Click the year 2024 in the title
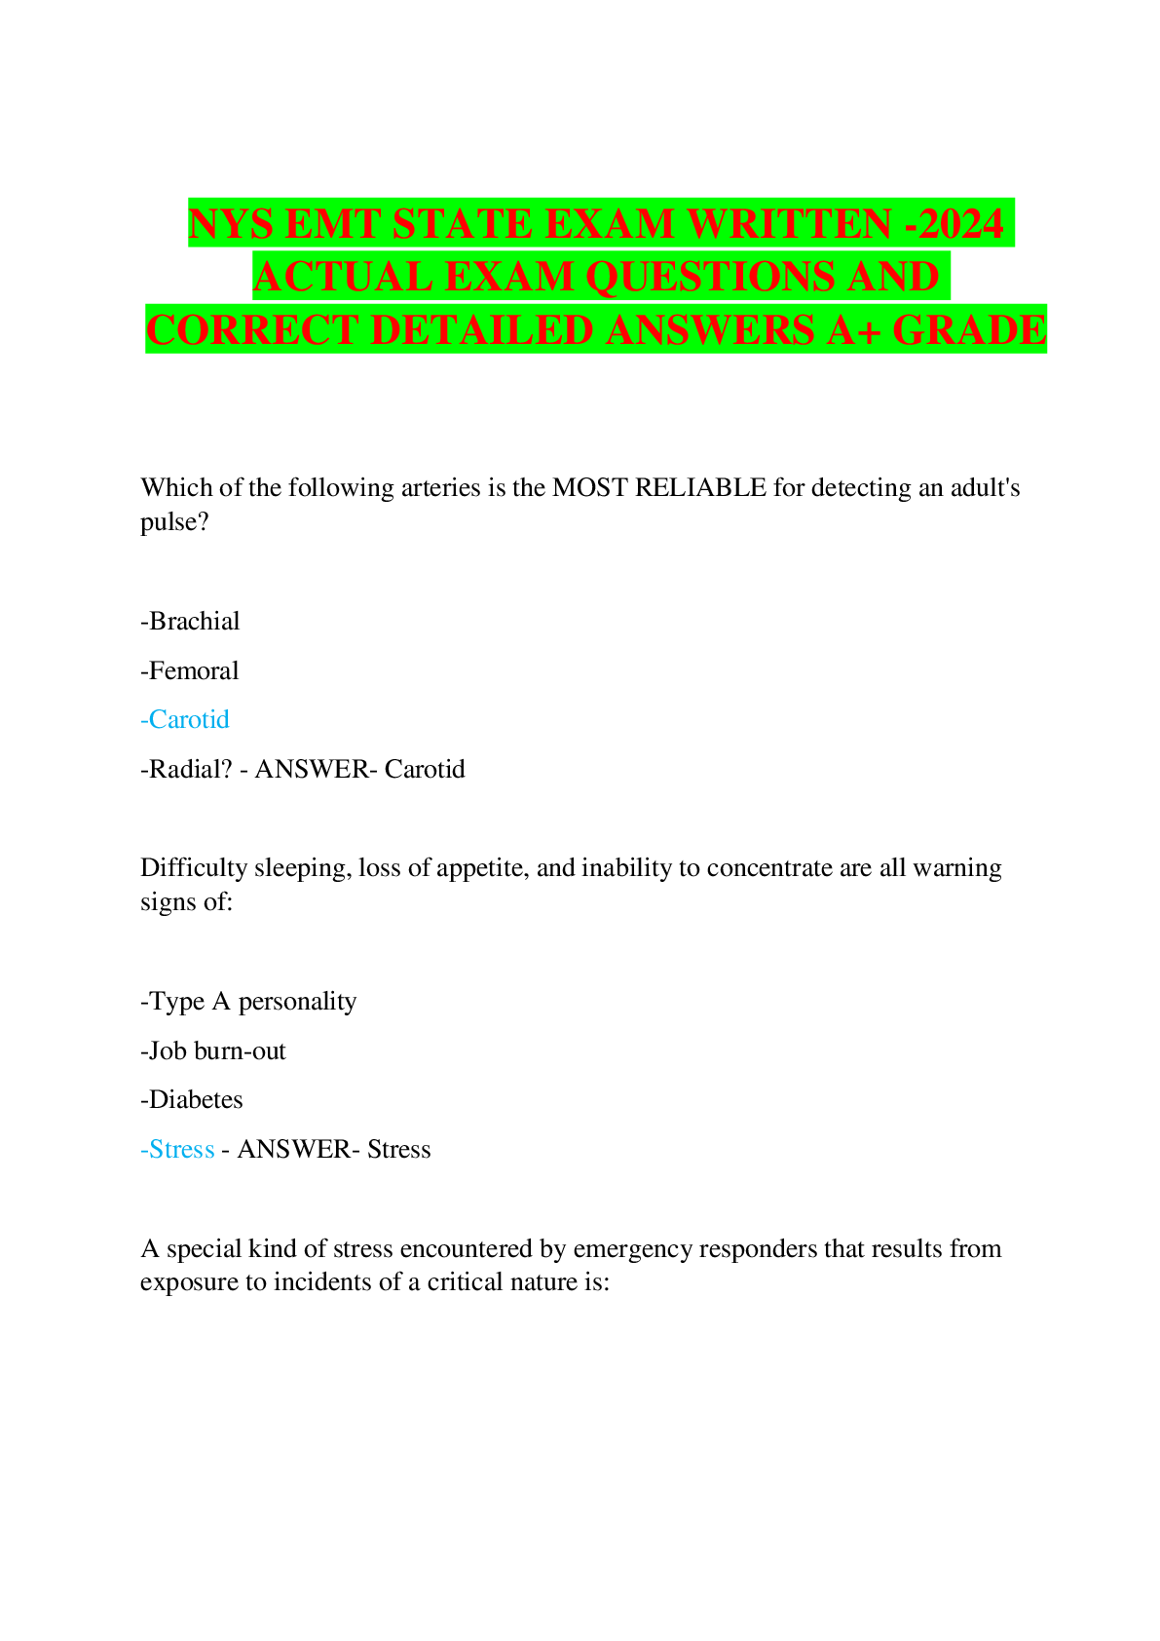point(960,223)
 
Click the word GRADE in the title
point(970,329)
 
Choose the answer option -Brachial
point(190,622)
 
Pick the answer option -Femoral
point(190,670)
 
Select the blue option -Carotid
point(184,719)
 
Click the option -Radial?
point(186,769)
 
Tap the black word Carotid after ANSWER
point(425,769)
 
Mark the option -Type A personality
point(248,1002)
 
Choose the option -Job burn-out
point(213,1051)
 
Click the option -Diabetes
point(192,1099)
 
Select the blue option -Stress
point(177,1150)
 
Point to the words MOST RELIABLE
point(659,488)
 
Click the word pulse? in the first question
point(175,523)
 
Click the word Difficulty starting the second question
point(194,869)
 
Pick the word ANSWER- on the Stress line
point(299,1150)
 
